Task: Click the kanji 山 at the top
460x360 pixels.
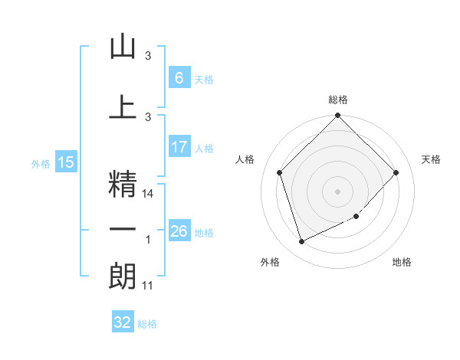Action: [x=123, y=47]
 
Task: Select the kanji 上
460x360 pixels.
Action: [x=123, y=108]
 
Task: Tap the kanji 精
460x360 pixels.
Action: [x=123, y=183]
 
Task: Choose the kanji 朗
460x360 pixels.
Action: [x=123, y=276]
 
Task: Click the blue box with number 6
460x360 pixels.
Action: [x=179, y=78]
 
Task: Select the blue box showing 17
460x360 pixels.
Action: [x=179, y=147]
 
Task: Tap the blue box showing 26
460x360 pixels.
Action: [x=179, y=231]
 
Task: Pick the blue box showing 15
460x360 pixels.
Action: [x=65, y=162]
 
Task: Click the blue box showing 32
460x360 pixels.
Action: [x=123, y=322]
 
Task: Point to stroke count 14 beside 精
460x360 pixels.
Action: [x=149, y=195]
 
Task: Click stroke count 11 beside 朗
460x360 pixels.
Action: [x=148, y=286]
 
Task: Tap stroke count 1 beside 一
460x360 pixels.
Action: [x=148, y=241]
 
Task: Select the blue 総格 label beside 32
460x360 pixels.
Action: [x=147, y=324]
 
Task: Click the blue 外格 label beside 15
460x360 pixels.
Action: [x=41, y=164]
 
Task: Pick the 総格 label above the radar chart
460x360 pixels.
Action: [x=337, y=100]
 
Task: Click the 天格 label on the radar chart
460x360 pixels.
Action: [x=431, y=159]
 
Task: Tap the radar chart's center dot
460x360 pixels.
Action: [x=337, y=191]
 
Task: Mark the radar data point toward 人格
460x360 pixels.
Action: [x=280, y=172]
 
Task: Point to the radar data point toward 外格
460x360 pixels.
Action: [x=301, y=241]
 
